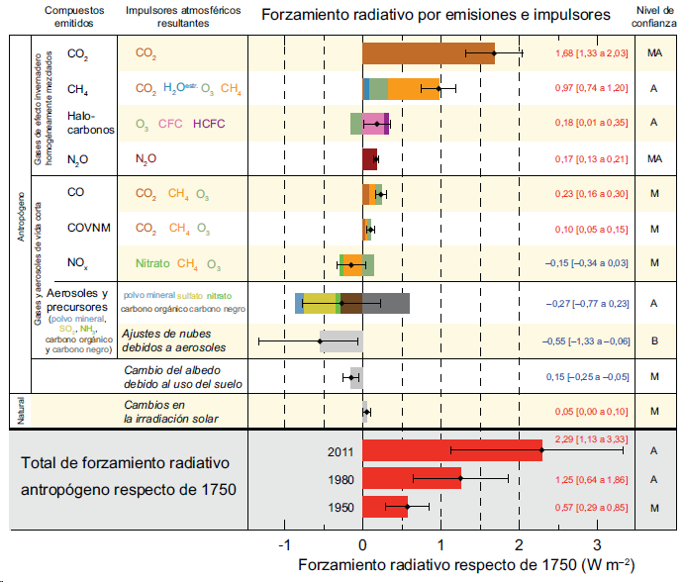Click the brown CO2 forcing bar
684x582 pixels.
pyautogui.click(x=428, y=53)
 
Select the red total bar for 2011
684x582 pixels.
pyautogui.click(x=451, y=450)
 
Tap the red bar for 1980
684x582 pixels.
pyautogui.click(x=412, y=480)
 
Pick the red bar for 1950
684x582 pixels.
pyautogui.click(x=385, y=509)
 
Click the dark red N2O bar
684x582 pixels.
pyautogui.click(x=369, y=158)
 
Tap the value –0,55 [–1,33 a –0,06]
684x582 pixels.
pyautogui.click(x=584, y=340)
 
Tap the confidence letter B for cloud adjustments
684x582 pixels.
pyautogui.click(x=653, y=340)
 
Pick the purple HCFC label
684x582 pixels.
pyautogui.click(x=211, y=124)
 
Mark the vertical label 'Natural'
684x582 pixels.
pyautogui.click(x=20, y=411)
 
